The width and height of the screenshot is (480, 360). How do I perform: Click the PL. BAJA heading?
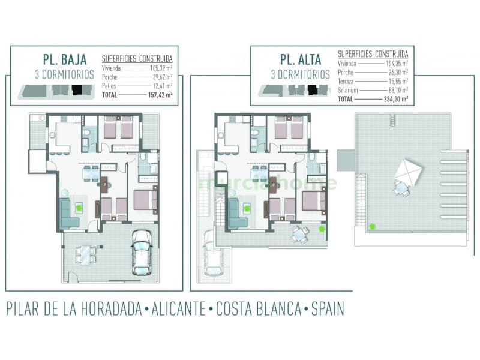pos(65,59)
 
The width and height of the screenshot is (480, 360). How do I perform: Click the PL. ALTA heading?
pos(300,59)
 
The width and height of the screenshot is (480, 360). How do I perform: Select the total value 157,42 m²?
pos(160,95)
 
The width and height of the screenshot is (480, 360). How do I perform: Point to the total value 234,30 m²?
pos(397,99)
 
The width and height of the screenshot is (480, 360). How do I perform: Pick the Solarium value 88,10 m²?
pos(397,90)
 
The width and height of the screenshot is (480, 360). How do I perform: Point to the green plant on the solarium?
pos(373,226)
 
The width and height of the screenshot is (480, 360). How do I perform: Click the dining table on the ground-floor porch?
pos(85,255)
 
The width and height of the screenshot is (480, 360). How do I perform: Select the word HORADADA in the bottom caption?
pos(101,309)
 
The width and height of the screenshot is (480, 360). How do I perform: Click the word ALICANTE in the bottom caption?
pos(176,309)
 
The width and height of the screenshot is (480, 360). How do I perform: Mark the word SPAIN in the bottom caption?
pos(328,309)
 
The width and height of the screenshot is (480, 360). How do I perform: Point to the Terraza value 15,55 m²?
pos(397,82)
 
